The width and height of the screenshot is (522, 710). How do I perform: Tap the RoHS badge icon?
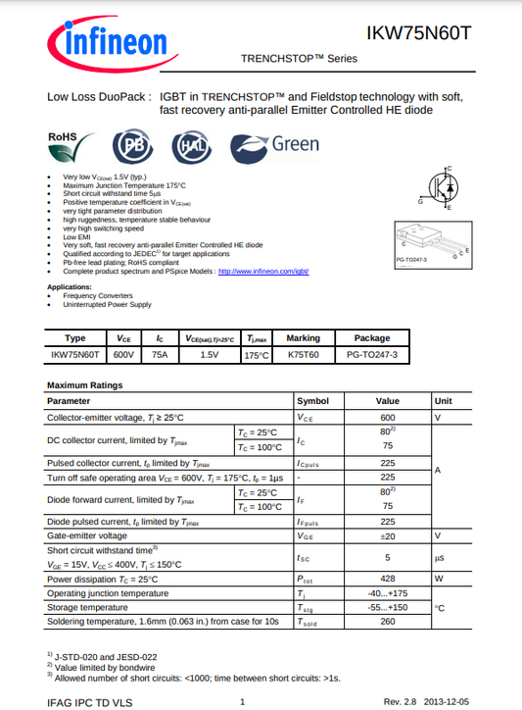pyautogui.click(x=69, y=146)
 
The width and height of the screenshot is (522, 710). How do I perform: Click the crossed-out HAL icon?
pyautogui.click(x=190, y=147)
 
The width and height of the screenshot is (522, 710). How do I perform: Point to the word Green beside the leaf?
pyautogui.click(x=295, y=144)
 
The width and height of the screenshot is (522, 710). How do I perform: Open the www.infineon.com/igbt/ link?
pyautogui.click(x=262, y=271)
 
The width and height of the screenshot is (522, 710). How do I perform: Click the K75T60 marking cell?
pyautogui.click(x=303, y=354)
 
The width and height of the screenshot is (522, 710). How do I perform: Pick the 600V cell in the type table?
pyautogui.click(x=124, y=354)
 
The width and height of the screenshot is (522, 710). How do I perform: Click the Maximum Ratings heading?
pyautogui.click(x=85, y=385)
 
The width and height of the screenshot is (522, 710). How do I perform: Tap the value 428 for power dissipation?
pyautogui.click(x=387, y=578)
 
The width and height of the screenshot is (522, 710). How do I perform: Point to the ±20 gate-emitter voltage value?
pyautogui.click(x=387, y=536)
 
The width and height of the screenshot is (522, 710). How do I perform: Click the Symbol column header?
pyautogui.click(x=313, y=401)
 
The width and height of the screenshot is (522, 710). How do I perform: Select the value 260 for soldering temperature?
pyautogui.click(x=387, y=621)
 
